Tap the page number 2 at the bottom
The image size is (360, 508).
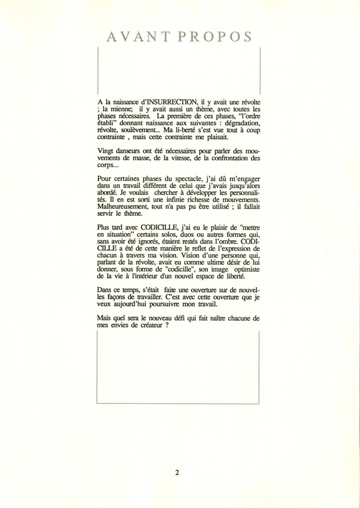tap(178, 472)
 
